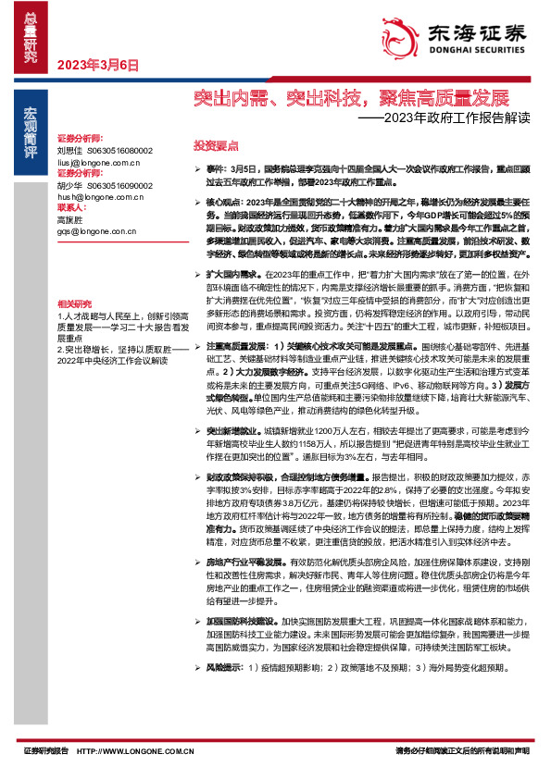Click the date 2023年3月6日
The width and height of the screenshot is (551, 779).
coord(97,65)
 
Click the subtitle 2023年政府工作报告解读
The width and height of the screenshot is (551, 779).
coord(451,118)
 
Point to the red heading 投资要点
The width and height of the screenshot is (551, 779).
coord(216,146)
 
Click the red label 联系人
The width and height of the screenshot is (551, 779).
coord(72,208)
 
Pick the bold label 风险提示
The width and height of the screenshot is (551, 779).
coord(225,665)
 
